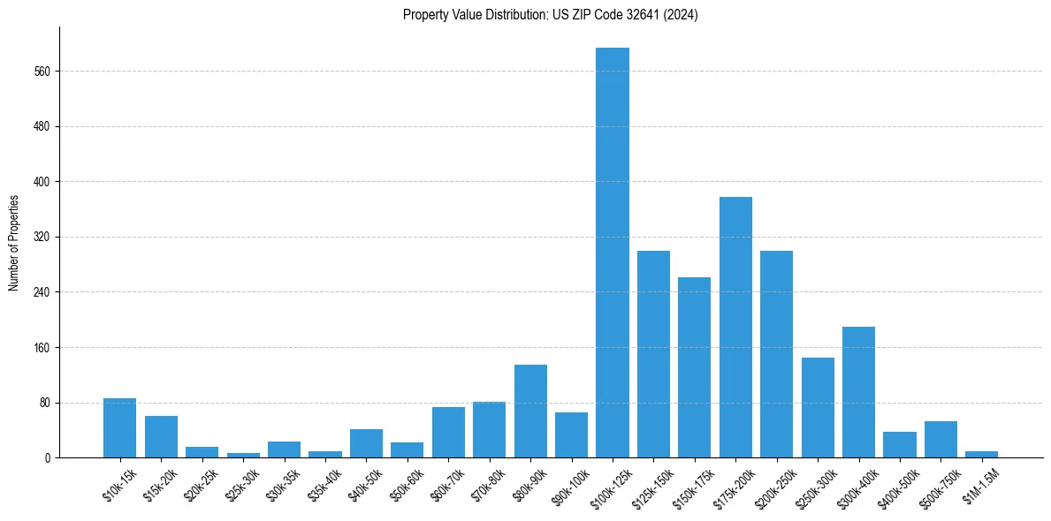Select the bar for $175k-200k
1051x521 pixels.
click(735, 328)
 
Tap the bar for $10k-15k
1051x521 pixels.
click(119, 428)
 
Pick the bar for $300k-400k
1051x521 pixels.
click(858, 392)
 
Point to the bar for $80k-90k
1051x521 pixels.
click(530, 412)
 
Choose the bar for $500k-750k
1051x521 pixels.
click(941, 440)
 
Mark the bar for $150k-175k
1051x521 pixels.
click(694, 367)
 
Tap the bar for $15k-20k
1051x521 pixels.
click(161, 437)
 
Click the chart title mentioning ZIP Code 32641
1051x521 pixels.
click(551, 15)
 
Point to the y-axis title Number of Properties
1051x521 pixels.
click(14, 242)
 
